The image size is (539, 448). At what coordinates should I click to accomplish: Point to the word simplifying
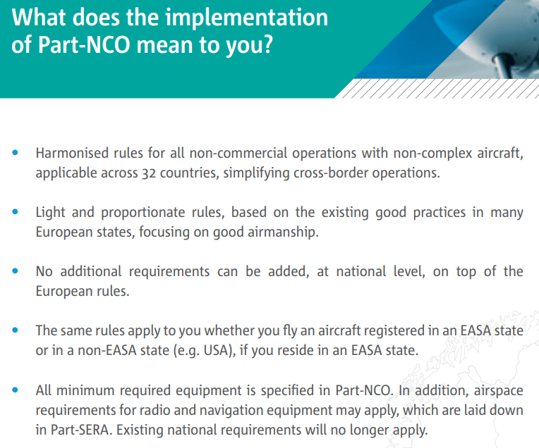tap(258, 173)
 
